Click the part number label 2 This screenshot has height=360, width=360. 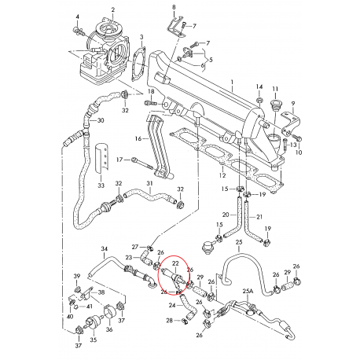coord(113,10)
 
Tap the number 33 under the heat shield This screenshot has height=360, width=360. coord(101,186)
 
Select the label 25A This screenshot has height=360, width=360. coord(248,291)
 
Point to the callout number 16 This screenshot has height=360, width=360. coord(138,138)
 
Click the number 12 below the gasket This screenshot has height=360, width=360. coord(222,175)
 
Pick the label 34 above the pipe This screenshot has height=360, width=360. coord(105,248)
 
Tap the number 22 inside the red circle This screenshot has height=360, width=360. coord(175,263)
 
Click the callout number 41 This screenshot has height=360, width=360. coord(90,307)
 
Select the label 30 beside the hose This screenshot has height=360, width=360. coord(101,120)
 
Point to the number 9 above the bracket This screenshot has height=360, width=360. coord(293,104)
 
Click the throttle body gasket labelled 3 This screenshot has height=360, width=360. coord(138,64)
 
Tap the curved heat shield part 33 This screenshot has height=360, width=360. coord(101,158)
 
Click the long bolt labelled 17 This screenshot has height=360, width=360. coord(142,163)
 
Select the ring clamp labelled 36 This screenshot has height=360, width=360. coord(109,312)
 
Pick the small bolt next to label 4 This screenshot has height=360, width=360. coord(78,31)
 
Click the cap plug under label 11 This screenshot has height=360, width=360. coord(275,106)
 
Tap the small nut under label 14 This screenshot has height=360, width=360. coord(259,100)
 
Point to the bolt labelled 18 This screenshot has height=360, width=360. coord(151,103)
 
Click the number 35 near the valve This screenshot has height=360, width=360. coord(94,340)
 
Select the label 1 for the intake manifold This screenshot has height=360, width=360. coord(232,82)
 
